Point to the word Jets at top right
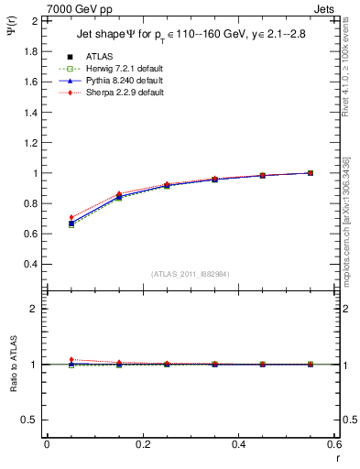tap(327, 8)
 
